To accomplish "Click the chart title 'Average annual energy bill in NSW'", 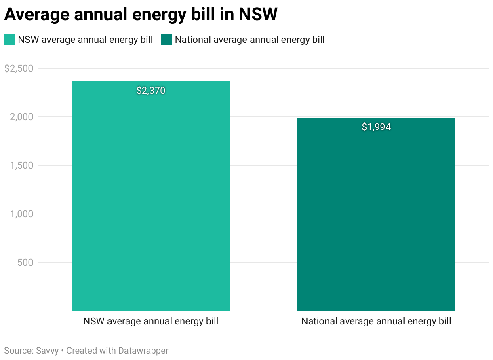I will [x=141, y=15].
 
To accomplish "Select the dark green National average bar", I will [x=376, y=214].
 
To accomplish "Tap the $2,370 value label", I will [x=151, y=91].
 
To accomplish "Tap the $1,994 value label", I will [x=376, y=127].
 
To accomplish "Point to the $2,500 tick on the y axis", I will [x=19, y=68].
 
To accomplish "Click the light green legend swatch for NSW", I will [x=10, y=40].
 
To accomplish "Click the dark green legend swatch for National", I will [x=166, y=40].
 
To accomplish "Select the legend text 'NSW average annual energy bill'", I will [x=85, y=40].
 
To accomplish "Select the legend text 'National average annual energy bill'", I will [x=250, y=40].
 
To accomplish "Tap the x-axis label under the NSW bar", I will [x=151, y=322].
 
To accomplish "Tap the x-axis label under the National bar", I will [x=376, y=322].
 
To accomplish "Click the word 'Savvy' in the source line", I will [x=47, y=350].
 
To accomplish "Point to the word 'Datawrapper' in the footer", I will [x=143, y=350].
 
